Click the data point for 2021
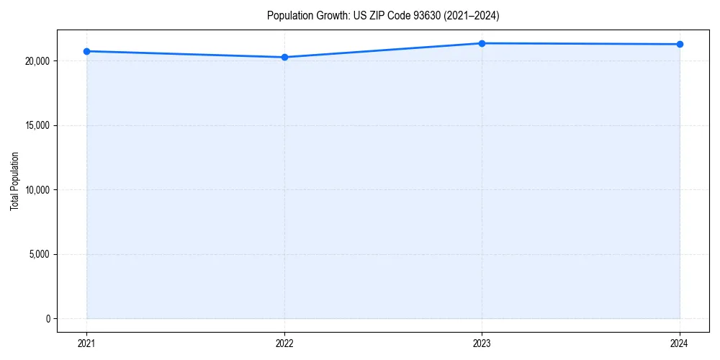[x=86, y=51]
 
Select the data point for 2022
[x=284, y=57]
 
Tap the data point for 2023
[x=482, y=43]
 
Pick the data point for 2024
[x=680, y=44]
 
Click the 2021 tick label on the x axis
[x=86, y=343]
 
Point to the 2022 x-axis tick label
[x=284, y=343]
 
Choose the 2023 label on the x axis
[x=482, y=343]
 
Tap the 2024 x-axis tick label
[x=680, y=343]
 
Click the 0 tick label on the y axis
[x=48, y=319]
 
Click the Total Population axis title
[x=14, y=181]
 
